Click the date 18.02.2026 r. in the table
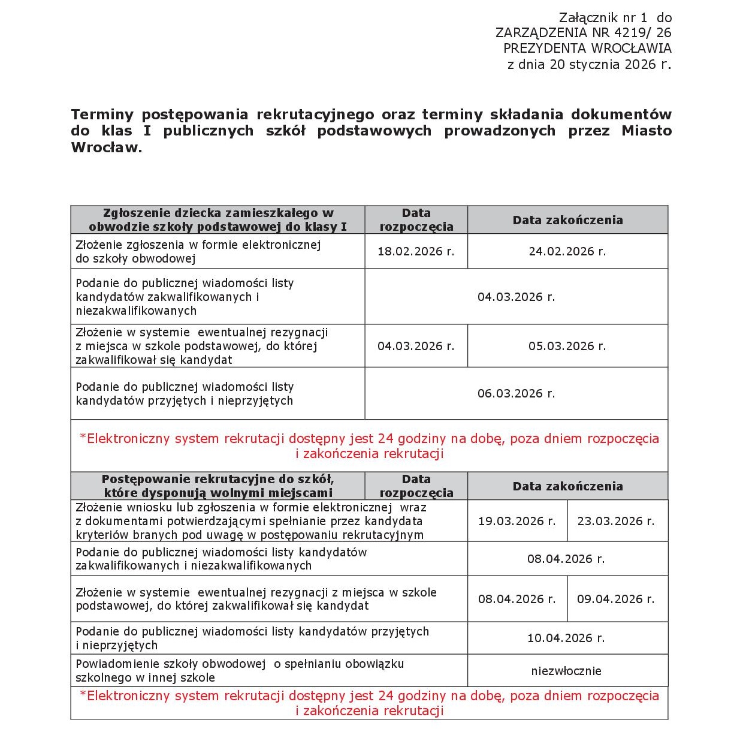pos(416,252)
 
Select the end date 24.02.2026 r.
pos(567,252)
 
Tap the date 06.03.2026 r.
pos(516,394)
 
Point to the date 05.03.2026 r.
pos(567,347)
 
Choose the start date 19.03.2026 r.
pos(517,522)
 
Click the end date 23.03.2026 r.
pos(616,522)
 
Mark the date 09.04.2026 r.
pos(616,600)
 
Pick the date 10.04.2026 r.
pos(566,638)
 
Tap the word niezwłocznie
pos(566,671)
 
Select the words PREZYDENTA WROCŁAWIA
pos(587,49)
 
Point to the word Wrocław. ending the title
pos(107,147)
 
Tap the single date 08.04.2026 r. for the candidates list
pos(566,559)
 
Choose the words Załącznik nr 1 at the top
pos(603,17)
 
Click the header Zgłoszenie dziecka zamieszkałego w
pos(218,213)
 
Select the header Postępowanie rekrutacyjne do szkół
pos(218,480)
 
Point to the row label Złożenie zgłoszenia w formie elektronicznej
pos(198,245)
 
